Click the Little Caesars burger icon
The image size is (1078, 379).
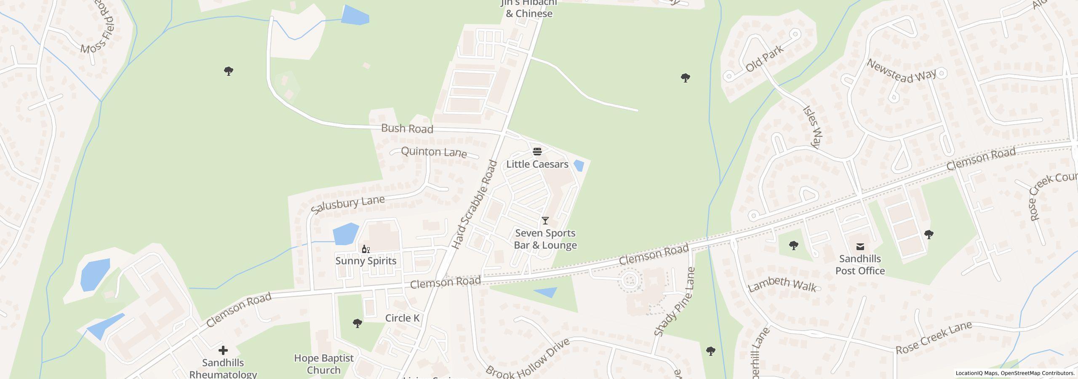tap(537, 152)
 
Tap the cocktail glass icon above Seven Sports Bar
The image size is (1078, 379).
tap(545, 221)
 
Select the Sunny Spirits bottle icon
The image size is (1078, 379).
tap(366, 249)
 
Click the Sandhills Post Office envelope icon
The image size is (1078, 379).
tap(860, 247)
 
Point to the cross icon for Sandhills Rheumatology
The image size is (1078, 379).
tap(223, 350)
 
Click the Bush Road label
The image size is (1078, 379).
tap(407, 128)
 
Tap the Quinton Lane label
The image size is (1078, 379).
tap(434, 152)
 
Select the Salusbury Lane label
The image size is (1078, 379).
tap(348, 204)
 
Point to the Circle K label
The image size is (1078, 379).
tap(402, 318)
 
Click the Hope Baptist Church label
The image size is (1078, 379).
tap(323, 364)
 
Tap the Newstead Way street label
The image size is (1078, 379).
tap(901, 71)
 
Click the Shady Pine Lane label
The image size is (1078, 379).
tap(675, 302)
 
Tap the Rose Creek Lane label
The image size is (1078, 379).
tap(933, 338)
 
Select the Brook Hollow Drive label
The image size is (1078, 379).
tap(527, 358)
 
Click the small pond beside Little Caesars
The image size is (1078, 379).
tap(579, 165)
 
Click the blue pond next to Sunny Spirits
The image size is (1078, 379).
tap(345, 234)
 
